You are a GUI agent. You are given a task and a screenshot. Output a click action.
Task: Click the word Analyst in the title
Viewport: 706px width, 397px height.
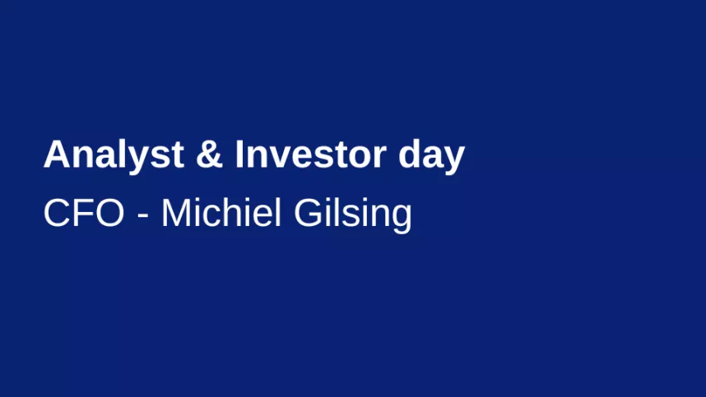pyautogui.click(x=114, y=156)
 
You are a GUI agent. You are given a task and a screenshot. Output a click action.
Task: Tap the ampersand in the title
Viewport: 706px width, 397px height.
pyautogui.click(x=209, y=155)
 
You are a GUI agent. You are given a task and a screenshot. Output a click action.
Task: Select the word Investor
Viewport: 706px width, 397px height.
pyautogui.click(x=311, y=155)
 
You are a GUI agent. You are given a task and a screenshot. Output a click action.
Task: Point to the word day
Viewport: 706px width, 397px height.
pyautogui.click(x=431, y=156)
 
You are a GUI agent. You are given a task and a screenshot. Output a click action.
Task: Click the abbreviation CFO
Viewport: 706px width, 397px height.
pyautogui.click(x=84, y=213)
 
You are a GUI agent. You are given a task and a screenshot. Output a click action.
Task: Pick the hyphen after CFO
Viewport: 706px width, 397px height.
pyautogui.click(x=142, y=217)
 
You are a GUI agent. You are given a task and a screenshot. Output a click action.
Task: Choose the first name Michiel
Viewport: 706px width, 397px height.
pyautogui.click(x=221, y=212)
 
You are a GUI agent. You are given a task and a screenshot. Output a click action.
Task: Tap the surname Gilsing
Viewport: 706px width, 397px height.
pyautogui.click(x=352, y=215)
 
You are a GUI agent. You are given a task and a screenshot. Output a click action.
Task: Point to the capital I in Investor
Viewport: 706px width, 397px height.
pyautogui.click(x=239, y=155)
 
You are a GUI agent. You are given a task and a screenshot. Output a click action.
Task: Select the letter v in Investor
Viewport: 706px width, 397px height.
pyautogui.click(x=283, y=159)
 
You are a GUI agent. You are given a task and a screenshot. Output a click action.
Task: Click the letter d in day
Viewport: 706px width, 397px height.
pyautogui.click(x=409, y=155)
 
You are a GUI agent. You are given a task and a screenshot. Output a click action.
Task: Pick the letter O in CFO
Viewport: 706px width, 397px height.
pyautogui.click(x=110, y=213)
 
